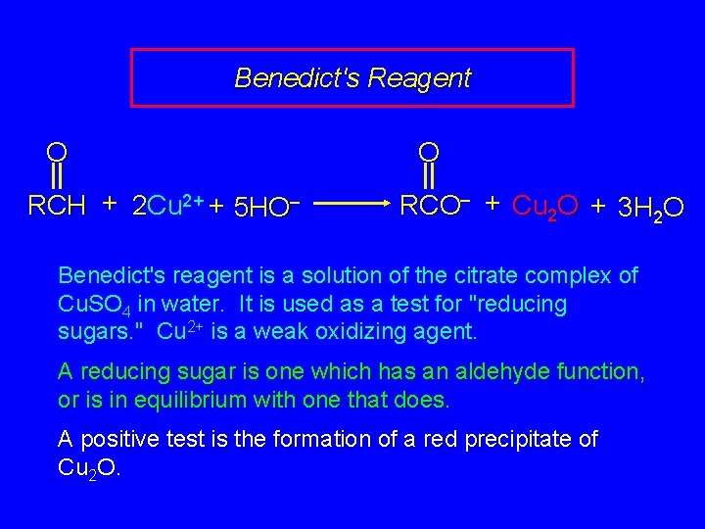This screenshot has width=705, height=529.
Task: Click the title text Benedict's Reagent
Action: [x=352, y=77]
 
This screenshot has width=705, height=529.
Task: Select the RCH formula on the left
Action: [x=57, y=206]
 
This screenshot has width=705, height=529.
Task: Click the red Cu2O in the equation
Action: [x=544, y=206]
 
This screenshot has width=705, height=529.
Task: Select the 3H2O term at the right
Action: [x=650, y=207]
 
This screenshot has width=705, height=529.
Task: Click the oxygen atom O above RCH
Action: [x=57, y=152]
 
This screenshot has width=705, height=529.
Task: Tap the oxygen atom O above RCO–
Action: [x=428, y=152]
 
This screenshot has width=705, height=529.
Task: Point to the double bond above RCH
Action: [x=57, y=177]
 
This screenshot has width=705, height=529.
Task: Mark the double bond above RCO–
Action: [x=428, y=177]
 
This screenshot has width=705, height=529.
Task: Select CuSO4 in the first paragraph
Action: [x=95, y=305]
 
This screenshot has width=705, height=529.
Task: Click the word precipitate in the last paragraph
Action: [x=511, y=440]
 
